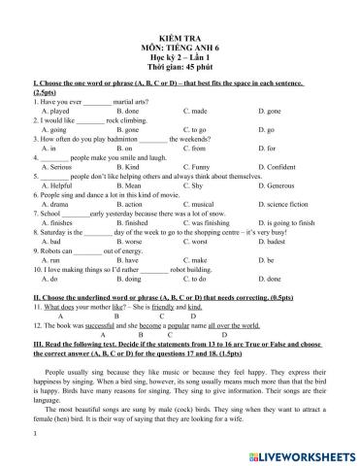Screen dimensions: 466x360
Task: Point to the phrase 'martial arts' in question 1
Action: pos(135,102)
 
